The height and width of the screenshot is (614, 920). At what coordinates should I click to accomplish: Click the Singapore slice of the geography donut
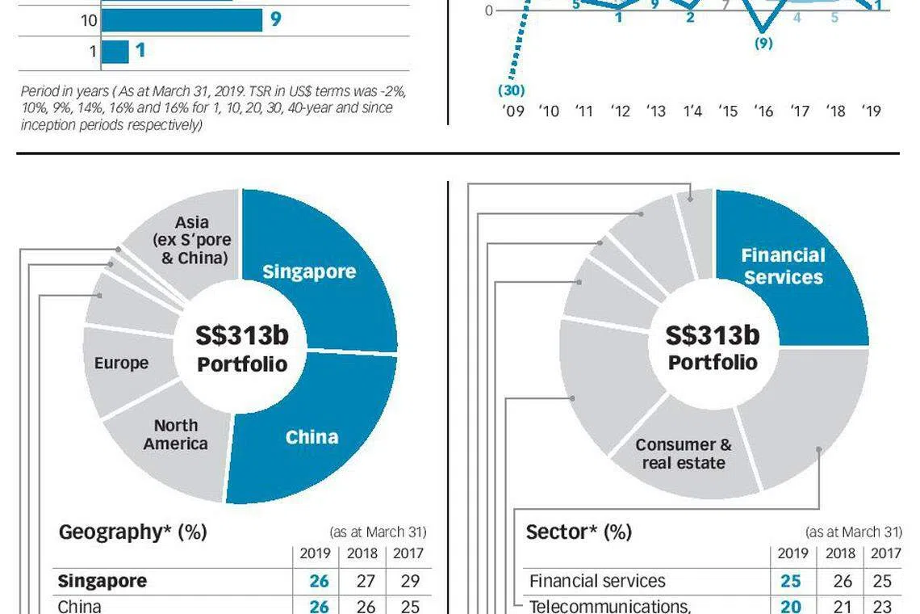coord(309,271)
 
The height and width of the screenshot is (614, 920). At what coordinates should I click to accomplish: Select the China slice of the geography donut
coord(312,437)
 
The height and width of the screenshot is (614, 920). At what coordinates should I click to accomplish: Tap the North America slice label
coord(175,435)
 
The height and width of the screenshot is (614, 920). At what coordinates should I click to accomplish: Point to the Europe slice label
coord(121,363)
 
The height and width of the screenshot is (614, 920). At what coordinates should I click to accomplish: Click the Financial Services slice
coord(783,267)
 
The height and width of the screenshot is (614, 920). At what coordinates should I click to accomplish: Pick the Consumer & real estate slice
coord(683,454)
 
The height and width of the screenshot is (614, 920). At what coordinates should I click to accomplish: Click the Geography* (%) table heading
coord(132,532)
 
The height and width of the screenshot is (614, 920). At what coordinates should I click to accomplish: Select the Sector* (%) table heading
coord(578,532)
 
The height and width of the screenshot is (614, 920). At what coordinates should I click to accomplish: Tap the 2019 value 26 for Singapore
coord(319,582)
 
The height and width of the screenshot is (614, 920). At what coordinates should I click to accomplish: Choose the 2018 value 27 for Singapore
coord(362,582)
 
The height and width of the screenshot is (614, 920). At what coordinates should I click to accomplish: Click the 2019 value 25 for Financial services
coord(790,582)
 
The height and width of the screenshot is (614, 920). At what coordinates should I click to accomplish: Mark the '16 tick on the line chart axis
coord(763,111)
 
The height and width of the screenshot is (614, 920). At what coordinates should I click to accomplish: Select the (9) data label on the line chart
coord(763,44)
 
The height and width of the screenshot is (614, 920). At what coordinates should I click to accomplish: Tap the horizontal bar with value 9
coord(182,19)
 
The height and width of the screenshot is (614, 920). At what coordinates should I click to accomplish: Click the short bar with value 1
coord(115,51)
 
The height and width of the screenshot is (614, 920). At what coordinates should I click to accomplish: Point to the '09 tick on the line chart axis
coord(513,111)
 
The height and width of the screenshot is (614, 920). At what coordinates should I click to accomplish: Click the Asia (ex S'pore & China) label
coord(191,240)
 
